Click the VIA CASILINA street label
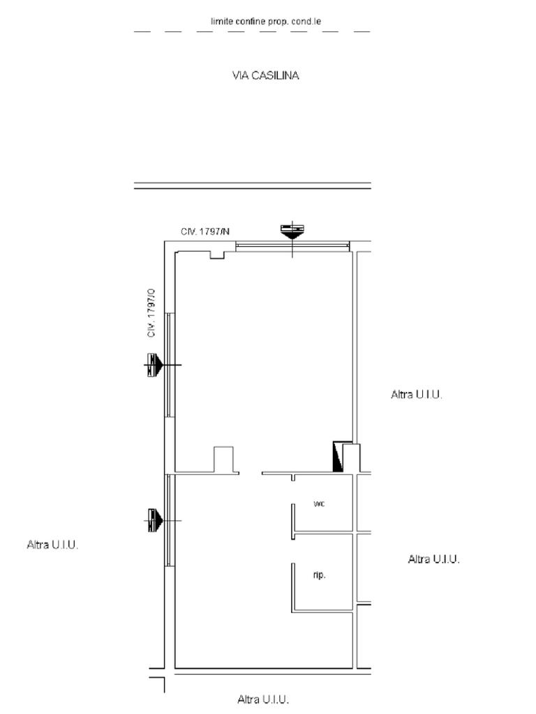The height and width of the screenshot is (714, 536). tap(265, 75)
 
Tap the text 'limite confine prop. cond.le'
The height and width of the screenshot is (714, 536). tap(266, 21)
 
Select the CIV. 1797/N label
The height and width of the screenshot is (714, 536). tap(205, 231)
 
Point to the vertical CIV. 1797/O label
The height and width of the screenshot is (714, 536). tap(151, 313)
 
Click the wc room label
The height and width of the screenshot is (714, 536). tap(319, 503)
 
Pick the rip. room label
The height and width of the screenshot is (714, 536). tap(319, 575)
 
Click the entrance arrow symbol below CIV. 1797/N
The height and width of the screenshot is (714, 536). tap(292, 232)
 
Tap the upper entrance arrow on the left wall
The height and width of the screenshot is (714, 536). tap(154, 365)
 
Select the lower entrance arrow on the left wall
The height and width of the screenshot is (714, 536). tap(154, 520)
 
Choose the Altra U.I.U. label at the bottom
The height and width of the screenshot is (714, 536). tap(263, 699)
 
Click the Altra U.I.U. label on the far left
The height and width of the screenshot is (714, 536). tap(52, 545)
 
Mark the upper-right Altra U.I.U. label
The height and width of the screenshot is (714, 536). tap(416, 395)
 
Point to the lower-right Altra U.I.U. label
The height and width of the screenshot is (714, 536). tap(433, 559)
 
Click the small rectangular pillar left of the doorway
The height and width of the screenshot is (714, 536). tap(223, 460)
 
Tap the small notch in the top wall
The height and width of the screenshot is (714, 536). tap(217, 255)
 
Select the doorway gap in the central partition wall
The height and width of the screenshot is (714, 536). tap(251, 473)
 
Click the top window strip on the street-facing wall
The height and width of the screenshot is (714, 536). tap(292, 246)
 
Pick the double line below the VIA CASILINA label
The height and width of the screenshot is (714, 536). tap(253, 185)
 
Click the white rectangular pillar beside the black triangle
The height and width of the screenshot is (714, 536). tap(351, 457)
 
